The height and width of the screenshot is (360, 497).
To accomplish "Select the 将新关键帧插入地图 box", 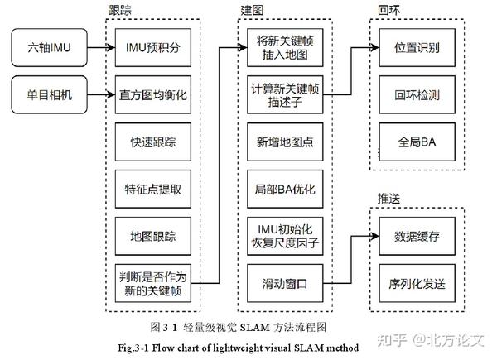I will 284,47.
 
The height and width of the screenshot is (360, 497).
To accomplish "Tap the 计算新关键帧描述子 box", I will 284,94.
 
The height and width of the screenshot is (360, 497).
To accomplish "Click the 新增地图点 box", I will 284,142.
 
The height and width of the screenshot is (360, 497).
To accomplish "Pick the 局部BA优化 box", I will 284,189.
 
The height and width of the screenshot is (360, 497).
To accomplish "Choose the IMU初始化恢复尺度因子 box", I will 284,236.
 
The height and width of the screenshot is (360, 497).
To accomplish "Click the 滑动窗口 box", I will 284,284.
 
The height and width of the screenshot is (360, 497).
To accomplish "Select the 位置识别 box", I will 417,47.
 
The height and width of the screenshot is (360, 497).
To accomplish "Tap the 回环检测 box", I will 417,94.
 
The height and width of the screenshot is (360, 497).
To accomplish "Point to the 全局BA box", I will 417,142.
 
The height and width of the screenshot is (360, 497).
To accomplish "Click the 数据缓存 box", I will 417,236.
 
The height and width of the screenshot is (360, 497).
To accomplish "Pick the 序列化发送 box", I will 417,284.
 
